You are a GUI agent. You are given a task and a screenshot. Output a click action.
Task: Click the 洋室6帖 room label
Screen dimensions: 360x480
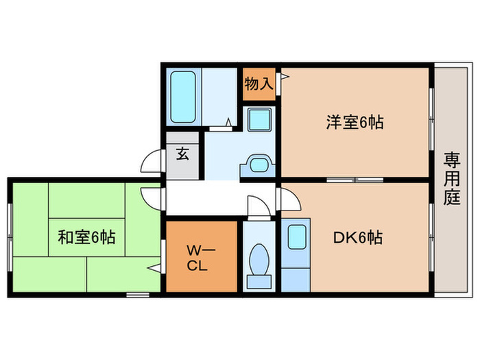(354, 123)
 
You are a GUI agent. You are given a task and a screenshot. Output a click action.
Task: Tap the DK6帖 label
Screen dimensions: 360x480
(357, 238)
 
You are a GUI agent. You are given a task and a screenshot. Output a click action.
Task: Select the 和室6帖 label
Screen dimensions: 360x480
(86, 238)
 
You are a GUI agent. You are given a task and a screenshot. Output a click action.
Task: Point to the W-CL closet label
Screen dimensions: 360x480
(199, 256)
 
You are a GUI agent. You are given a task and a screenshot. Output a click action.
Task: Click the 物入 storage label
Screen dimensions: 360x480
(259, 84)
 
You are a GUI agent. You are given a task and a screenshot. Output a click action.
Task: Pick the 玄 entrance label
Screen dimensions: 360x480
(183, 154)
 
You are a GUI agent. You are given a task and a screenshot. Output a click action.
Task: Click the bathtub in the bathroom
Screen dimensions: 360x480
(183, 96)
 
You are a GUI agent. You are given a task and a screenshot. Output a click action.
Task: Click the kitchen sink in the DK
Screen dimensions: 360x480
(296, 237)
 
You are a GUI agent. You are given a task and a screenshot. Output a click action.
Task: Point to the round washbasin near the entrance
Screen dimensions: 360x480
(259, 165)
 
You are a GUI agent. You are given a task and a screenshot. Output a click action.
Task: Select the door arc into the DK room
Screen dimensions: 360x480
(288, 200)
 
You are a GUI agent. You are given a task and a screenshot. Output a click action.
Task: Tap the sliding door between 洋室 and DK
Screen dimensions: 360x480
(354, 180)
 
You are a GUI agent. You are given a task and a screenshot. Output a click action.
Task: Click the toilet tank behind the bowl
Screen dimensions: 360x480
(259, 280)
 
